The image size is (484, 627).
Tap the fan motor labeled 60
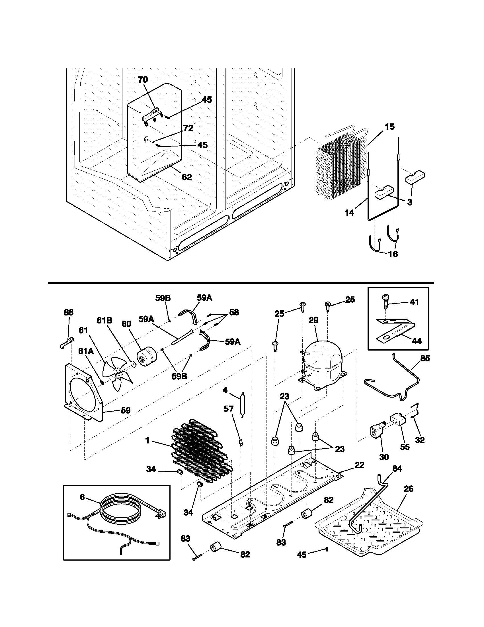(146, 358)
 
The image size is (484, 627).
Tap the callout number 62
(186, 177)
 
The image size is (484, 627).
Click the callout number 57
(229, 408)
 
